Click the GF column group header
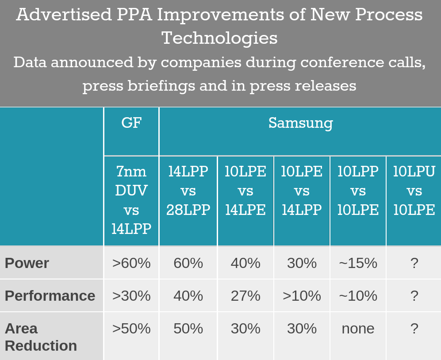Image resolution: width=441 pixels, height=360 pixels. [x=131, y=123]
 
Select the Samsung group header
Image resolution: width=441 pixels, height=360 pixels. [x=301, y=123]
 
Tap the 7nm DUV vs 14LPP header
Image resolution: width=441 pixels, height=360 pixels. [x=131, y=200]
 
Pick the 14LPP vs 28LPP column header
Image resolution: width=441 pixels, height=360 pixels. [x=188, y=191]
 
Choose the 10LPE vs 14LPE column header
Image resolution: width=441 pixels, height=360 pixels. [x=245, y=191]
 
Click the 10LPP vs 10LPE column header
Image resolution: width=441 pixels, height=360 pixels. [x=358, y=191]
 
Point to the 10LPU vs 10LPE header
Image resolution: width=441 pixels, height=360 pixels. [x=414, y=191]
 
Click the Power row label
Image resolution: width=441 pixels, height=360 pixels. [x=27, y=263]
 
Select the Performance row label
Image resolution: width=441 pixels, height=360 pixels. [x=50, y=296]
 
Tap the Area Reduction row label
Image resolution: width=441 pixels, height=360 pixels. [x=41, y=337]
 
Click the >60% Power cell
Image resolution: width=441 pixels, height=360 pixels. [x=131, y=263]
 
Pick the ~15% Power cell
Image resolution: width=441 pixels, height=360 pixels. [x=358, y=263]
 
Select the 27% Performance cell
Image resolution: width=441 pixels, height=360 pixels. [x=245, y=296]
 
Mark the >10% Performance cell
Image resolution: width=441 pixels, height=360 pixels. [x=302, y=296]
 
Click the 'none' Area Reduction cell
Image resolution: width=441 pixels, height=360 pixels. [x=358, y=329]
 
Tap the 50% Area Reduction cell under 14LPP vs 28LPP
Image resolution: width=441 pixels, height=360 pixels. [x=188, y=329]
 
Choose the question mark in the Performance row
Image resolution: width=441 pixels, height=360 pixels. [x=414, y=296]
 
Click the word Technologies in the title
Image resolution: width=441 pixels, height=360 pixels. [x=220, y=38]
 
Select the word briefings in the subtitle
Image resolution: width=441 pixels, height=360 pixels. [x=161, y=85]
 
